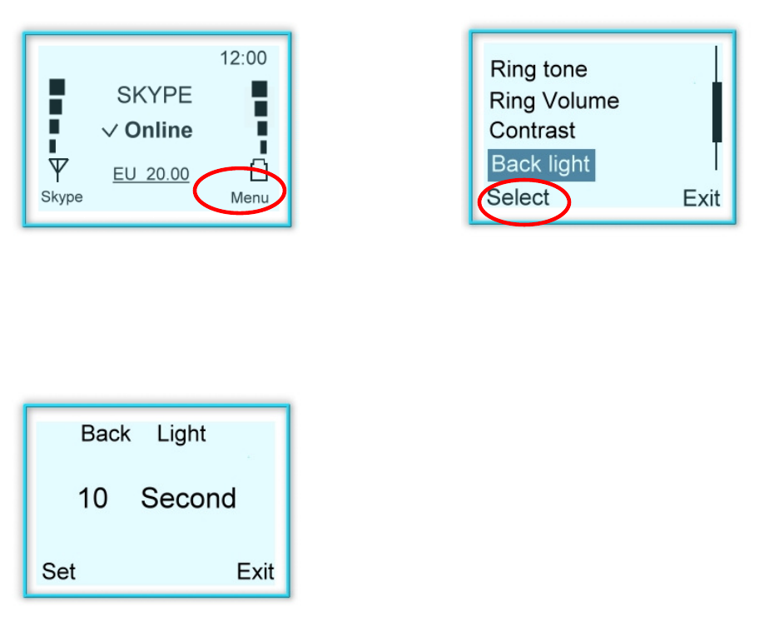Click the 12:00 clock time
243,58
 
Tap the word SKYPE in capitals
154,95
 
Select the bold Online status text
158,131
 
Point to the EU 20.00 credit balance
151,175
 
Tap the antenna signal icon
57,171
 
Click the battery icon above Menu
259,171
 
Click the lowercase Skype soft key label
62,197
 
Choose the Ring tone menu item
538,69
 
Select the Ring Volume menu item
554,101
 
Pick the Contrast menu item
533,131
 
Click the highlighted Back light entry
541,164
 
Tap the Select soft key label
518,198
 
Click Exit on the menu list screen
701,198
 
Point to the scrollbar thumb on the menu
716,112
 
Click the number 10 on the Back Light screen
93,499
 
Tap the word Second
188,499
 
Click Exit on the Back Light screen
255,571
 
